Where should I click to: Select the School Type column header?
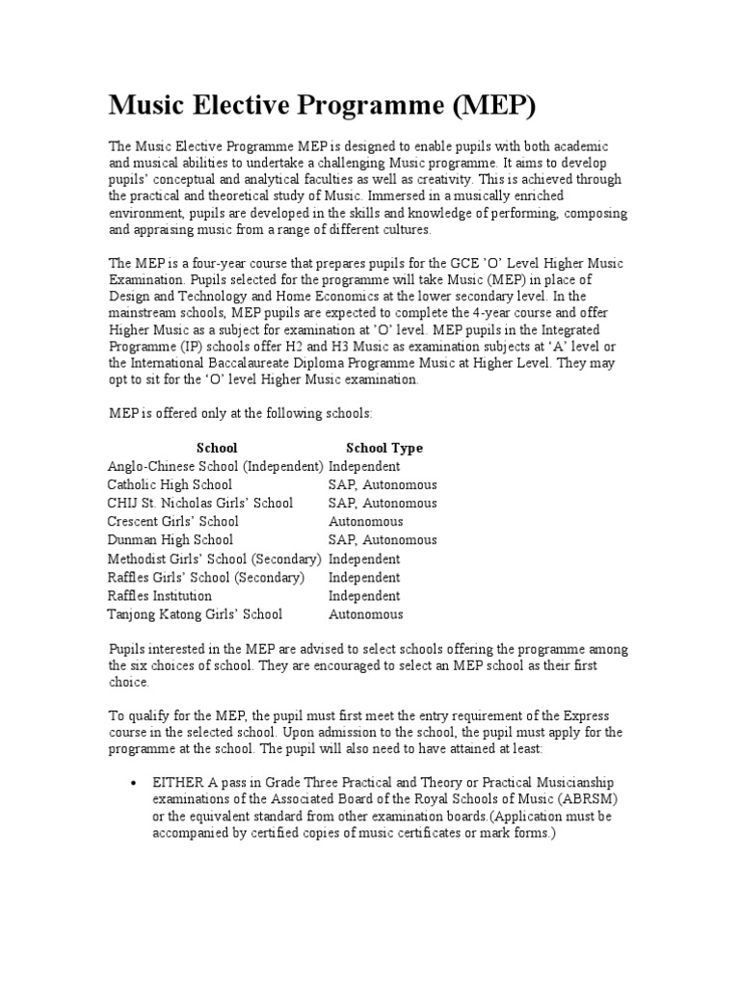point(383,448)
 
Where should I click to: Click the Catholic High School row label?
point(170,485)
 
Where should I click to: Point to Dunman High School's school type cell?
point(383,540)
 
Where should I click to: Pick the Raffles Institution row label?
point(160,596)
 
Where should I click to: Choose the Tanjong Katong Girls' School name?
point(195,614)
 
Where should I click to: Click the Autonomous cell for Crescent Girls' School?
point(366,522)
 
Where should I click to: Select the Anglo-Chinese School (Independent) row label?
point(215,466)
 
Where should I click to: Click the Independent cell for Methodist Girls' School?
point(364,558)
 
